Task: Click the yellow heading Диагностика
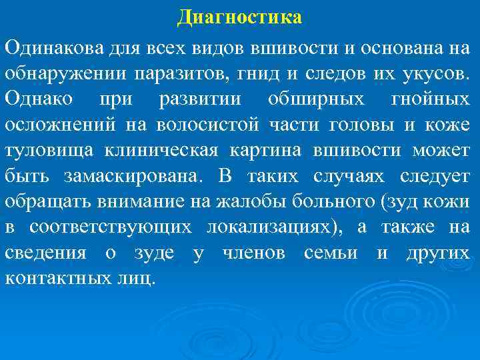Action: [x=239, y=17]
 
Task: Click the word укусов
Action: [x=436, y=73]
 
